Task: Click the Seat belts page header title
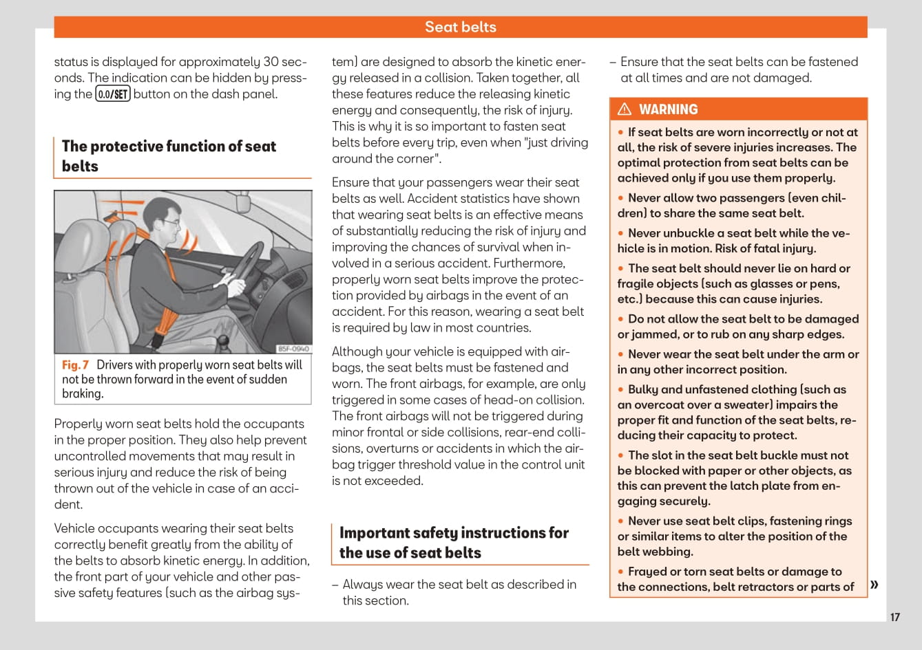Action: coord(460,27)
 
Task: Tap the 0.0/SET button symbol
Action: coord(113,94)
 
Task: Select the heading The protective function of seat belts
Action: coord(169,156)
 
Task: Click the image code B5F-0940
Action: coord(293,349)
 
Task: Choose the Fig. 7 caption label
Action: coord(75,365)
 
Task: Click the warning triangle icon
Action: coord(625,109)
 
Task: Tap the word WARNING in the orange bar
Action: coord(668,109)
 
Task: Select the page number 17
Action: coord(894,617)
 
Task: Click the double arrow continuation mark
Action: coord(874,585)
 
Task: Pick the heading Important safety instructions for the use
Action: coord(454,543)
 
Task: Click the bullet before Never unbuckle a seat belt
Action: coord(621,234)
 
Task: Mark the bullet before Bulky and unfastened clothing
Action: coord(621,390)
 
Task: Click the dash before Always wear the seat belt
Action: coord(335,585)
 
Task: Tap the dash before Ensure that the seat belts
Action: coord(613,63)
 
